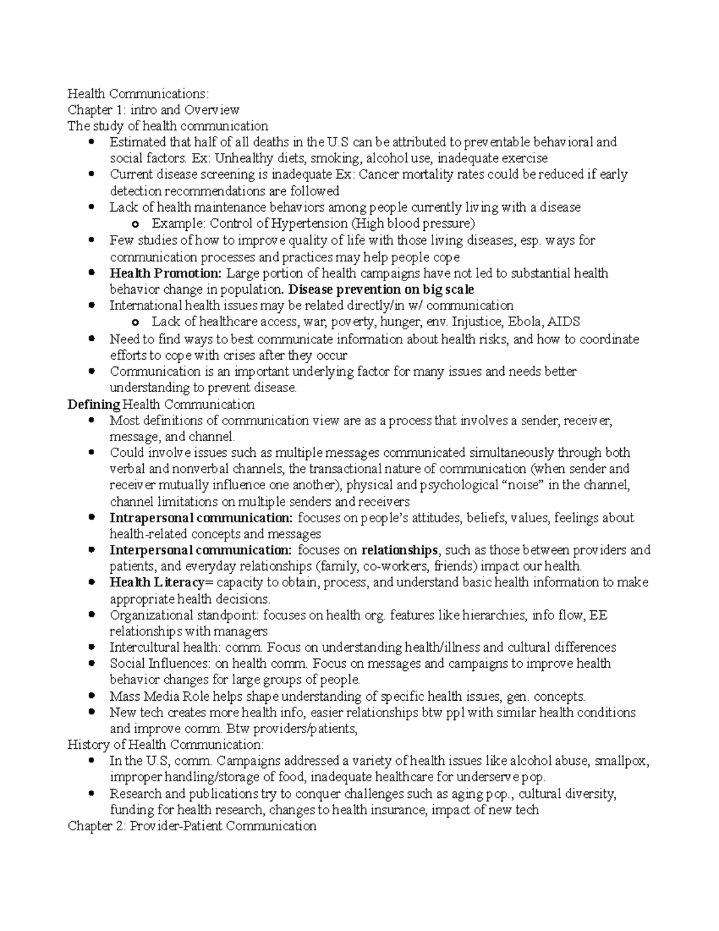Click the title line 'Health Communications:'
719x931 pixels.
138,94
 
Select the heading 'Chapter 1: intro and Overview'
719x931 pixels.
153,110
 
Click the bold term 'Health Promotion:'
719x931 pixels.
165,273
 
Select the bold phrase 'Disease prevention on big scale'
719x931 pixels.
381,290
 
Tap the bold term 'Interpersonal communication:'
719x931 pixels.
201,550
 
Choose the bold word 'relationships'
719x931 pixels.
400,550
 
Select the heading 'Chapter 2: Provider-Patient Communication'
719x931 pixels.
192,826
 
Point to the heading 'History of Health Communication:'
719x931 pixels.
165,745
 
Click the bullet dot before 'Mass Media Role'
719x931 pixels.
91,697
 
